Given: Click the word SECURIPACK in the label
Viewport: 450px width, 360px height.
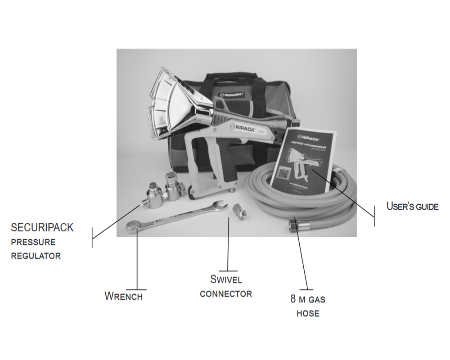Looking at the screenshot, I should [x=42, y=227].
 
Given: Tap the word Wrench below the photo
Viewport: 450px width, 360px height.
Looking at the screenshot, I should [x=124, y=297].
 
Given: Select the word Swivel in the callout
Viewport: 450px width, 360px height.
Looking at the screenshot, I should [x=226, y=279].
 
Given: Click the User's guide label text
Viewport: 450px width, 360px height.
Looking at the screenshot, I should [x=412, y=207].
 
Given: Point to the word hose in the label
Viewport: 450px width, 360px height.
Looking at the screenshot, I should [x=308, y=313].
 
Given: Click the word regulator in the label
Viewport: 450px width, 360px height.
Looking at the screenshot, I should [x=36, y=256].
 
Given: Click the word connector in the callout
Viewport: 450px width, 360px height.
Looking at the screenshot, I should [x=226, y=294].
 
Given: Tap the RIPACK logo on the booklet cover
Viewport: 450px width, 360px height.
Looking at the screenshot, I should [x=306, y=135].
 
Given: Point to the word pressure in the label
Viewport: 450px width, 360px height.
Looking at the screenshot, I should [x=33, y=242].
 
